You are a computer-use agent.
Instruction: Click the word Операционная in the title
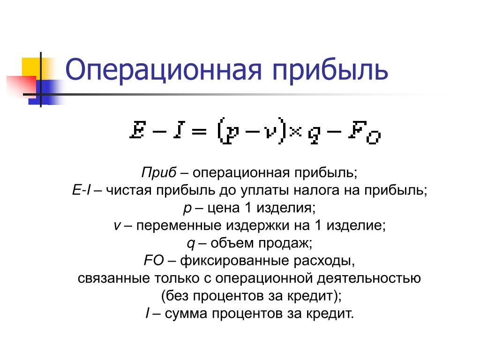tap(164, 70)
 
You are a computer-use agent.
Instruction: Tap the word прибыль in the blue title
tap(330, 72)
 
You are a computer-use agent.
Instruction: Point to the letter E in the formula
tap(137, 130)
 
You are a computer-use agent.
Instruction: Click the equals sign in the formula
tap(199, 131)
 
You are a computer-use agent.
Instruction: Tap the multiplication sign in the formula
tap(296, 131)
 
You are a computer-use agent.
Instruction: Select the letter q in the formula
tap(314, 135)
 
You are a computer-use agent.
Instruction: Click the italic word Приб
tap(159, 172)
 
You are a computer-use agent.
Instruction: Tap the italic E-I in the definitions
tap(82, 190)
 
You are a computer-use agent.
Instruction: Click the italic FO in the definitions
tap(154, 261)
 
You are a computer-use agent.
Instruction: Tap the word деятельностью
tap(368, 278)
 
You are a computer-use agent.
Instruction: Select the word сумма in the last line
tap(186, 314)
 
